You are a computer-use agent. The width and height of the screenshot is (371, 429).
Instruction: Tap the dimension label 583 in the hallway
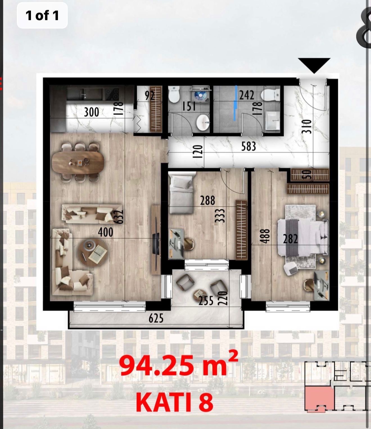pyautogui.click(x=248, y=146)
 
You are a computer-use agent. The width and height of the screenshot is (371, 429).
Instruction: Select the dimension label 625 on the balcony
pyautogui.click(x=156, y=318)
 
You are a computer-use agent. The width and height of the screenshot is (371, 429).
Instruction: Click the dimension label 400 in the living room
pyautogui.click(x=106, y=232)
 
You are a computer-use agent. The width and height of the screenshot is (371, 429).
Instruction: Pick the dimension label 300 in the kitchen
pyautogui.click(x=91, y=112)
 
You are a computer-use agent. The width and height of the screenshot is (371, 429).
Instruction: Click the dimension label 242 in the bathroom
pyautogui.click(x=246, y=95)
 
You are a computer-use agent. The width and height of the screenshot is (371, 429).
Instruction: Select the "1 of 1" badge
pyautogui.click(x=42, y=15)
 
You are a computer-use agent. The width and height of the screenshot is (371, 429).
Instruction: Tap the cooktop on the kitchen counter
pyautogui.click(x=112, y=95)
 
